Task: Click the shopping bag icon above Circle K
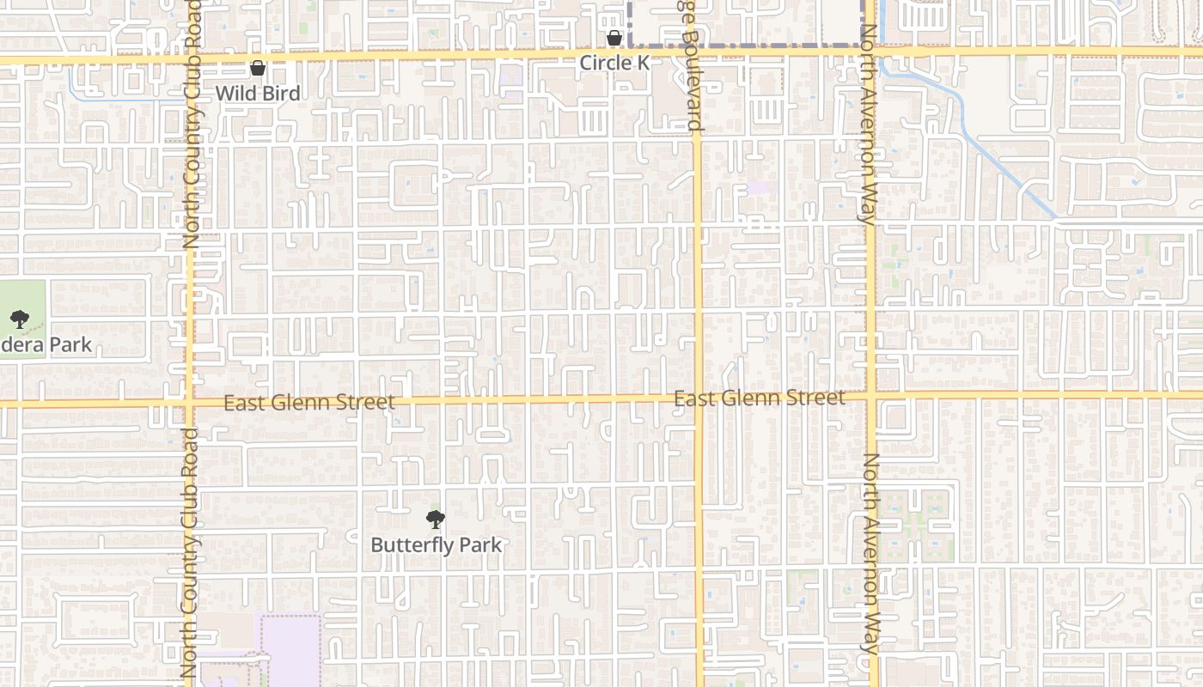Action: click(x=614, y=38)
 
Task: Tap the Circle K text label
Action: click(x=614, y=63)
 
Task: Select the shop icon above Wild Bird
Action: click(x=258, y=68)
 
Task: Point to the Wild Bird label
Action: click(x=258, y=93)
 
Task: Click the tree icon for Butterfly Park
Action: click(x=436, y=519)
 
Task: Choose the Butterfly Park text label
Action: click(x=436, y=544)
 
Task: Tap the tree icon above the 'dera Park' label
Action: click(x=19, y=320)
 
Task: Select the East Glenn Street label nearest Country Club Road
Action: click(x=309, y=402)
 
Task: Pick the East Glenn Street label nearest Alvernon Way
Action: click(x=759, y=398)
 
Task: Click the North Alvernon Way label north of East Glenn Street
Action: click(x=869, y=125)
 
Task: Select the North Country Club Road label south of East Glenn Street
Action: click(x=189, y=554)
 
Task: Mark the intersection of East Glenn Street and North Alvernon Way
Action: click(x=871, y=396)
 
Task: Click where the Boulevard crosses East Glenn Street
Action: click(x=698, y=398)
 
